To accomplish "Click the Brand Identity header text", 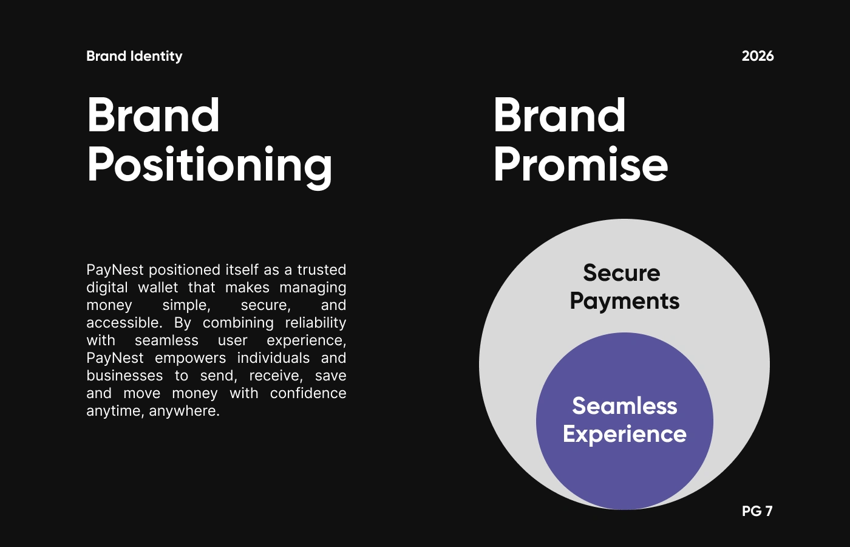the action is coord(134,56).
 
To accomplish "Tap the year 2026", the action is coord(758,56).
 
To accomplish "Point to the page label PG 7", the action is coord(757,511).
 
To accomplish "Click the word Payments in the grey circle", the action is coord(625,302).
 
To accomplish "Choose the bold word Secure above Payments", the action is coord(622,273).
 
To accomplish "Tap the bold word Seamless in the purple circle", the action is coord(625,406).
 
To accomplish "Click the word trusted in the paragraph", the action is coord(321,270).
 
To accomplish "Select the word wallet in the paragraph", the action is coord(158,287).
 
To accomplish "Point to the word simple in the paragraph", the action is coord(186,305).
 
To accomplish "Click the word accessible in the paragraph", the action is coord(124,323).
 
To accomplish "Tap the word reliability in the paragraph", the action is coord(315,323).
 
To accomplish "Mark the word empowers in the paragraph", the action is coord(190,359).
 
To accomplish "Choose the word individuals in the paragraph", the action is coord(273,358).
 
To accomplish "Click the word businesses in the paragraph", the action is coord(124,376).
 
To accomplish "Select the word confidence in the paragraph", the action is coord(308,393).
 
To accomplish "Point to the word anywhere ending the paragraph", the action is coord(185,411).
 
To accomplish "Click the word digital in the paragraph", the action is coord(107,288).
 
